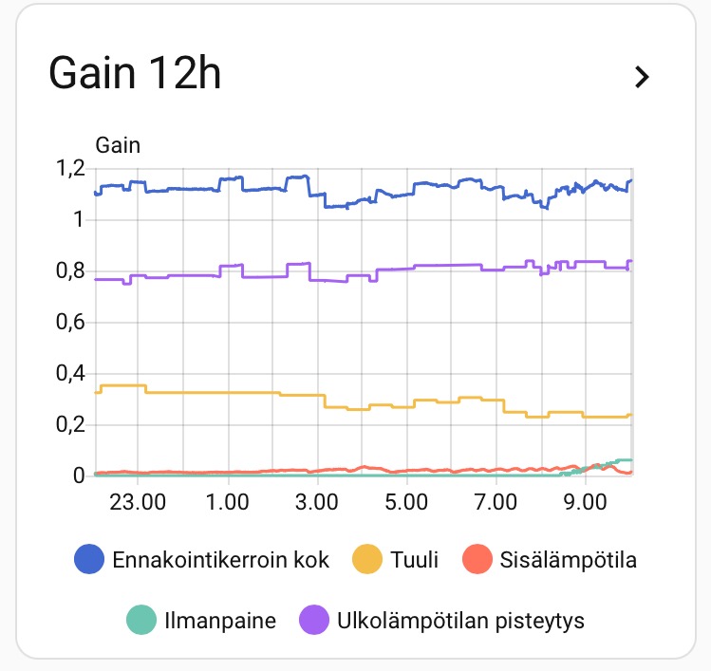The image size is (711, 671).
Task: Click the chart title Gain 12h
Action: pyautogui.click(x=135, y=74)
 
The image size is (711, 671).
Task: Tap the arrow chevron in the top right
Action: pyautogui.click(x=643, y=77)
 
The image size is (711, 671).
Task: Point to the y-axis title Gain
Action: pyautogui.click(x=119, y=145)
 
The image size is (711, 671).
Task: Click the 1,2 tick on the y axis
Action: pyautogui.click(x=69, y=169)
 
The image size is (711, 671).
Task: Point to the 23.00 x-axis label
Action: pyautogui.click(x=138, y=500)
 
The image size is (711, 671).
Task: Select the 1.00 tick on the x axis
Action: pyautogui.click(x=228, y=500)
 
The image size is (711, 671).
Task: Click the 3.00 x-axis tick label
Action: pyautogui.click(x=317, y=500)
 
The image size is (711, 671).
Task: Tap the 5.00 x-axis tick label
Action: pyautogui.click(x=406, y=500)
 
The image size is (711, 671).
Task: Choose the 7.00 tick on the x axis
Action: pyautogui.click(x=496, y=500)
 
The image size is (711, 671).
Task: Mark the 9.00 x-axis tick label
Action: pyautogui.click(x=586, y=500)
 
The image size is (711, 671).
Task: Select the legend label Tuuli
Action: pyautogui.click(x=415, y=560)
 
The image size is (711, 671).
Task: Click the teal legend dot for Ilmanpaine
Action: pyautogui.click(x=140, y=622)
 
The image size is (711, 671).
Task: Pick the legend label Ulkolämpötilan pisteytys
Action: pyautogui.click(x=460, y=622)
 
